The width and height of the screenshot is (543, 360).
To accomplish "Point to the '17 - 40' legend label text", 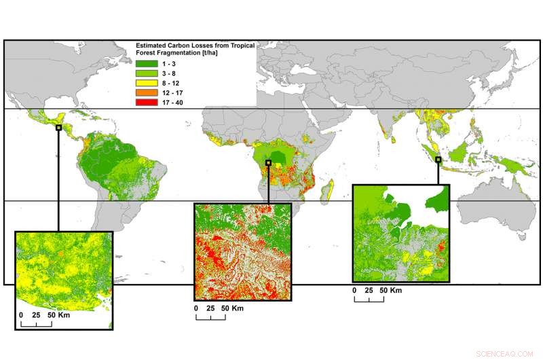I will coord(173,103).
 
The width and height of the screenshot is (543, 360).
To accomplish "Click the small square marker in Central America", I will coord(59,127).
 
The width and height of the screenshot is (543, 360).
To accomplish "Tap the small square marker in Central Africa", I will coord(269,163).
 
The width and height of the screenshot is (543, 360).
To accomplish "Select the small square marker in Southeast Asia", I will coord(438,160).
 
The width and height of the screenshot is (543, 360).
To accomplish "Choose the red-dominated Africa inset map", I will coord(242,252).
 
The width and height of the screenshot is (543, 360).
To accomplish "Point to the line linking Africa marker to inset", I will coord(269,183).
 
